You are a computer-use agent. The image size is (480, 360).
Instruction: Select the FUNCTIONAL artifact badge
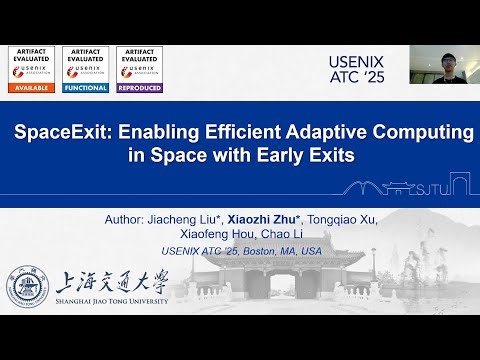click(x=85, y=70)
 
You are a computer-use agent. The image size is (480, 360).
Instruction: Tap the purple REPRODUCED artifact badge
click(x=140, y=70)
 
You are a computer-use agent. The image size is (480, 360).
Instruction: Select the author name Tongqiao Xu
click(x=338, y=219)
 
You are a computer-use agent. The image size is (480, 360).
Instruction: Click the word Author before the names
click(x=123, y=219)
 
